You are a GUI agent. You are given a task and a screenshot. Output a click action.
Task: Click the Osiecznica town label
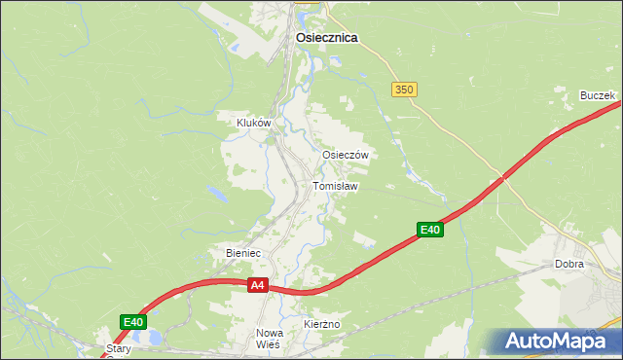pos(326,38)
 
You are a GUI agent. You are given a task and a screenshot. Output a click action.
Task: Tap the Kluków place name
pos(253,124)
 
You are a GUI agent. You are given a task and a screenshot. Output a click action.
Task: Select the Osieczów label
pos(345,156)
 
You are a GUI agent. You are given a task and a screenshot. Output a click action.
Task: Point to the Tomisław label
pos(336,186)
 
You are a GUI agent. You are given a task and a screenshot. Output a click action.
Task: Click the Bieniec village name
pos(243,253)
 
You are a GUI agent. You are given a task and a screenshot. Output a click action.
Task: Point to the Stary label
pos(119,346)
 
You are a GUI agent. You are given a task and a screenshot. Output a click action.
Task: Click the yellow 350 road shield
pos(405,90)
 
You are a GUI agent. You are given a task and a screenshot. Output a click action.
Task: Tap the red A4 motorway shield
pos(257,285)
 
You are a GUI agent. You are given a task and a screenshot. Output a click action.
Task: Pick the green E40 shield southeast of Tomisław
pos(431,230)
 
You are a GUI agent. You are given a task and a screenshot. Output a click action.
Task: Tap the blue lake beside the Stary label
pos(153,339)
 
